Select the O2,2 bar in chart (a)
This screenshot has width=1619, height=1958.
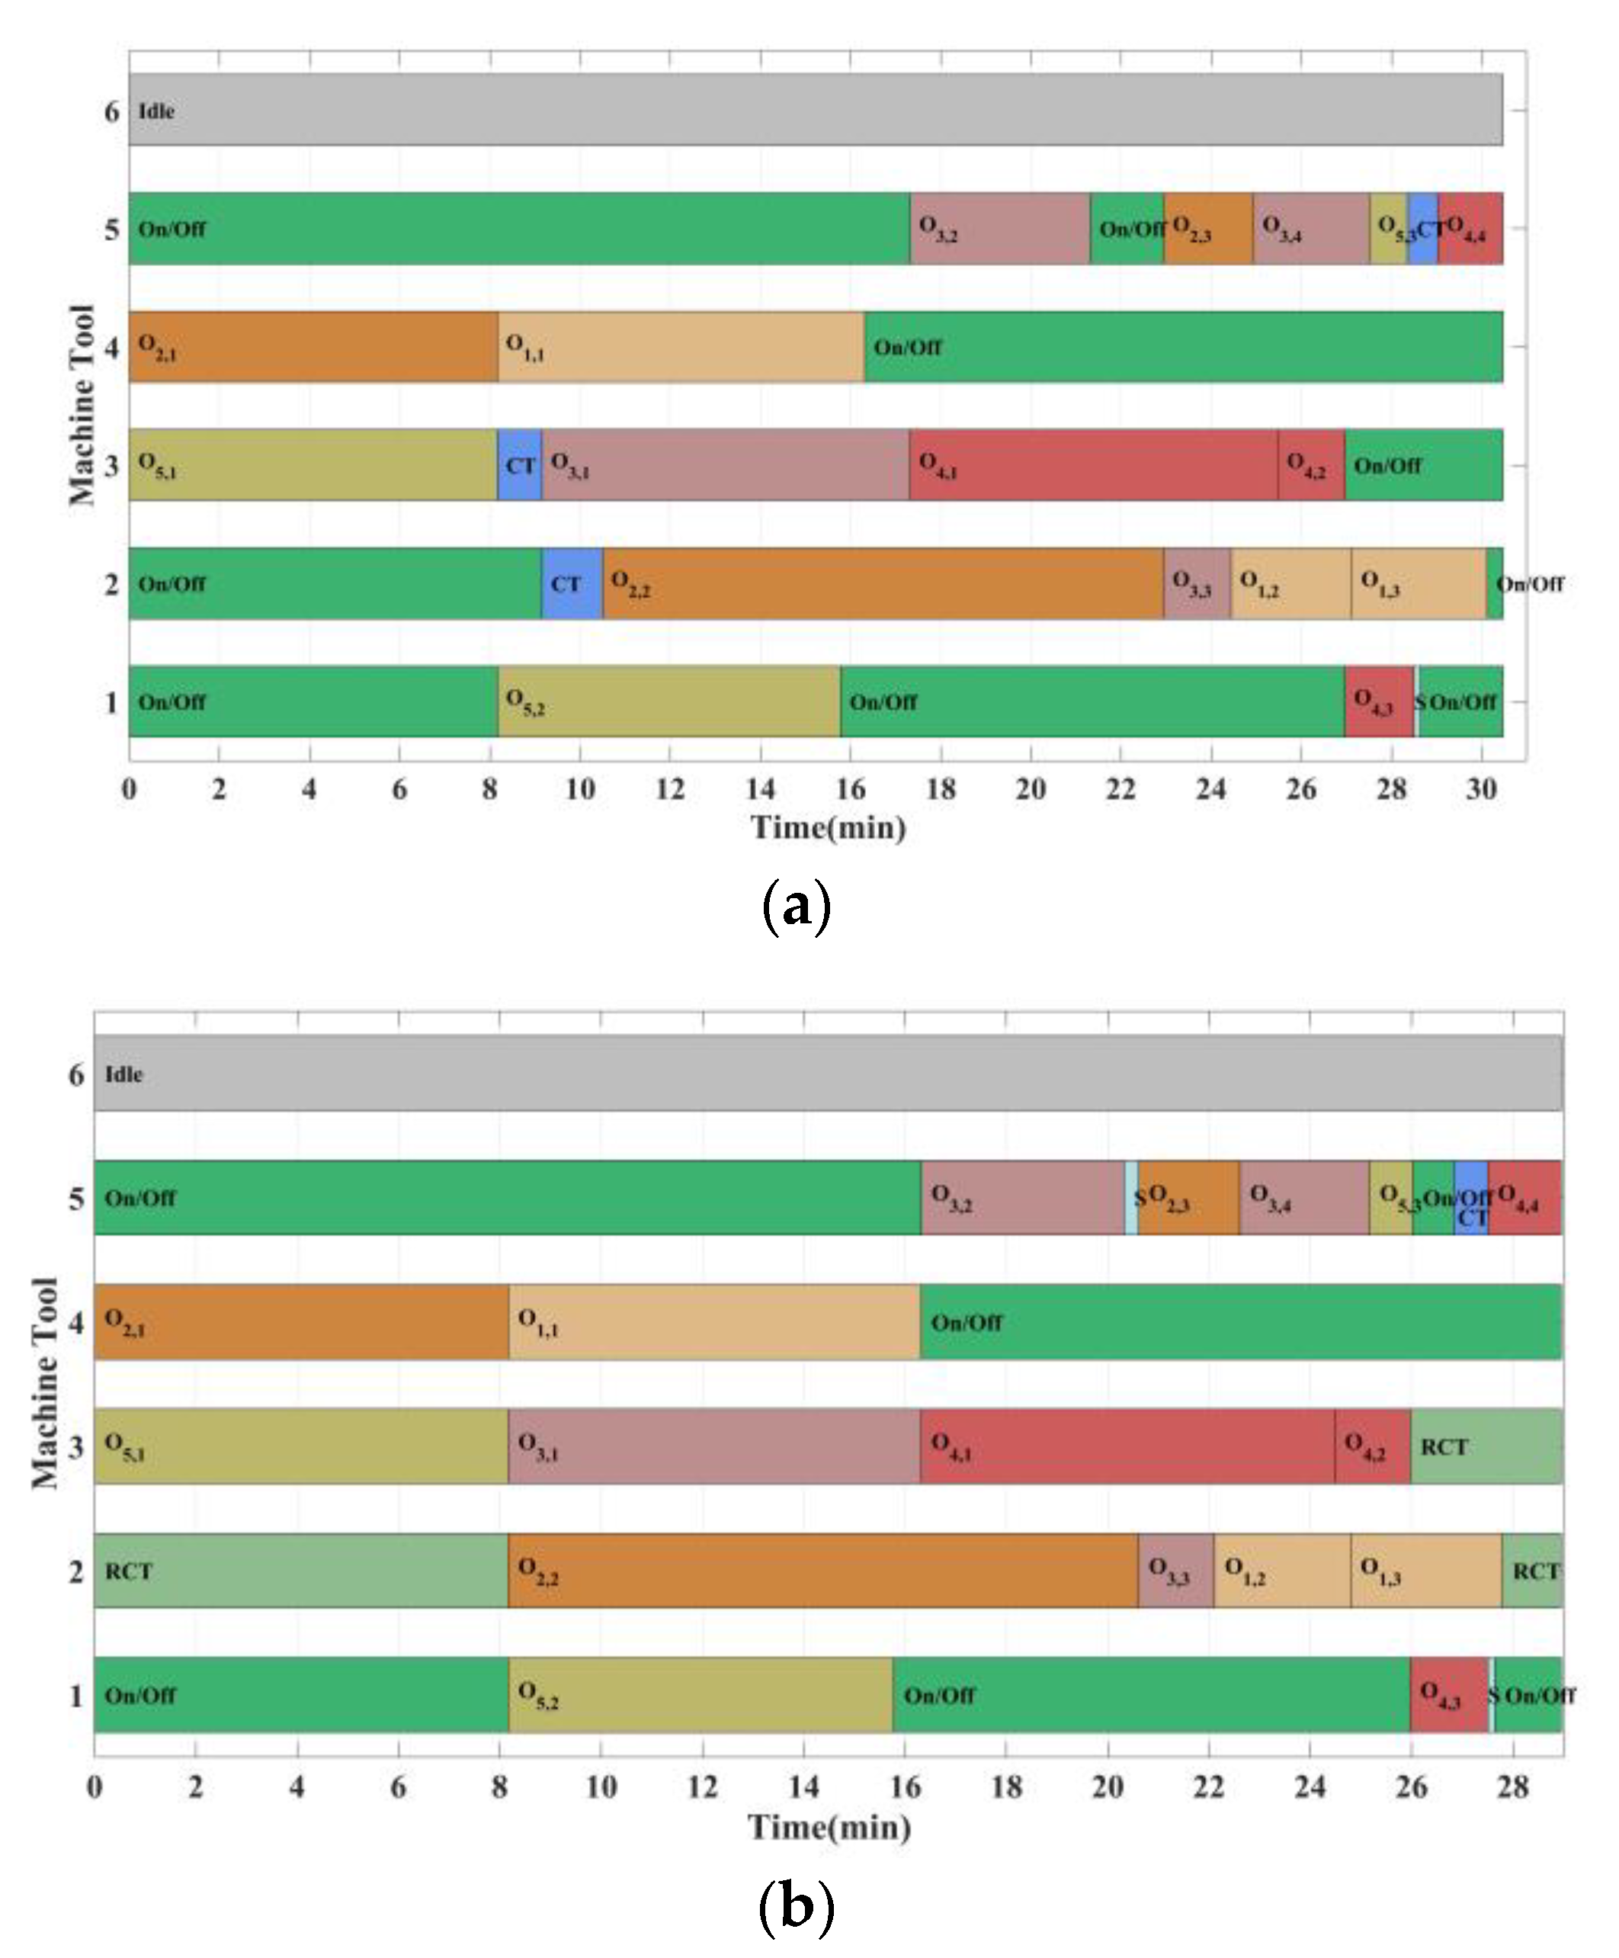click(882, 584)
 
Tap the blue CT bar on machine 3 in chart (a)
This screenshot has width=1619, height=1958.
click(519, 465)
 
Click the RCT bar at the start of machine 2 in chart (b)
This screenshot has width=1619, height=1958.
click(300, 1571)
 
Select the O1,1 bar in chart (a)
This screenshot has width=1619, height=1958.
click(681, 347)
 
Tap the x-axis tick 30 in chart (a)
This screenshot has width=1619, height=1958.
click(1481, 790)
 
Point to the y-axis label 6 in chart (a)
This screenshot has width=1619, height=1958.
click(112, 112)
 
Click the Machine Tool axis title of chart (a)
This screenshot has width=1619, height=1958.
click(82, 405)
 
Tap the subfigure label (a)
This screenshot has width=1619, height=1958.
click(795, 905)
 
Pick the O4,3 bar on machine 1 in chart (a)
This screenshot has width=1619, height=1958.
click(1377, 701)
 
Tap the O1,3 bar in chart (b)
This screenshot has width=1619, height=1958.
click(1425, 1571)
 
